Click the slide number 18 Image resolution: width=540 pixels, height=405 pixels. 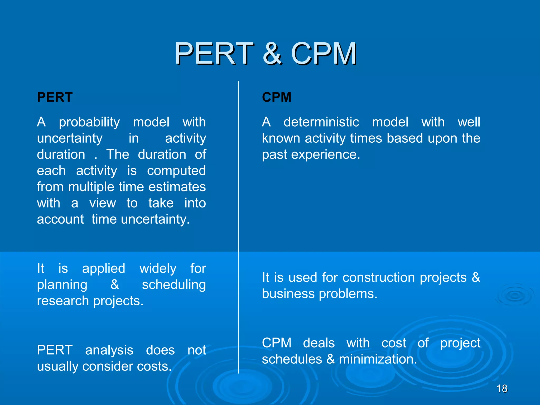tap(502, 389)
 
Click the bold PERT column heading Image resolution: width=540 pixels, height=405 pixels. tap(55, 97)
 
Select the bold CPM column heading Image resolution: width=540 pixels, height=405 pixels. tap(277, 97)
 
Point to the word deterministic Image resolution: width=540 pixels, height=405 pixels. tap(321, 122)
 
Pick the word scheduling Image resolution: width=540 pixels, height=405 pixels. tap(174, 285)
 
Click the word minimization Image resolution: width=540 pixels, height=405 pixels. tap(378, 359)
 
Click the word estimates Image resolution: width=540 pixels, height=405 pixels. tap(177, 187)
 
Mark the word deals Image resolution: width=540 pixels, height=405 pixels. tap(319, 343)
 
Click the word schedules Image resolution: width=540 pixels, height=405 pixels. tap(292, 359)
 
